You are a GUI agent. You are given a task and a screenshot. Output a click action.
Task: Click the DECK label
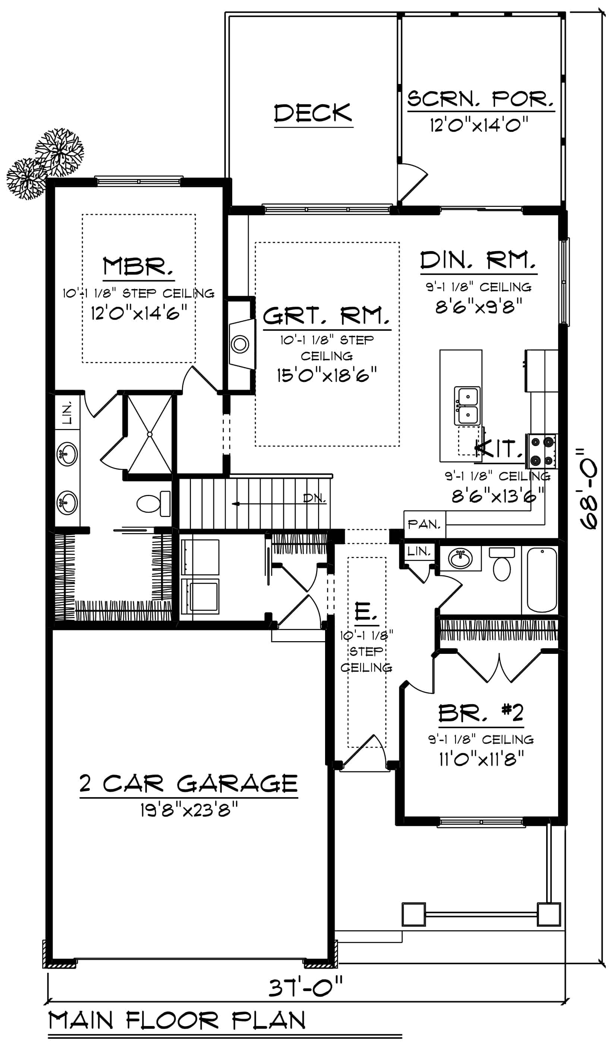313,113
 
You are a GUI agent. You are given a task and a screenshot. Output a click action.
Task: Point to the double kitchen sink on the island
467,406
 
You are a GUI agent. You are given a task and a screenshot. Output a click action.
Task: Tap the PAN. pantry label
424,524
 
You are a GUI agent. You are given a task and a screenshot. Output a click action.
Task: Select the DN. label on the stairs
314,498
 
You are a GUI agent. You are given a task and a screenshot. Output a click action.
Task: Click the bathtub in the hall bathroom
542,580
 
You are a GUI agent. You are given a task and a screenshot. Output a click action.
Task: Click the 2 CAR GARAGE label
189,784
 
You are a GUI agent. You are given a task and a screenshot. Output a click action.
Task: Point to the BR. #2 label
481,713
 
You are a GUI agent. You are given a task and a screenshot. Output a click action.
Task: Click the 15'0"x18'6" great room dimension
327,375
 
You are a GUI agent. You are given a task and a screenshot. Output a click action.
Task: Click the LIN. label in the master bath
67,412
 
